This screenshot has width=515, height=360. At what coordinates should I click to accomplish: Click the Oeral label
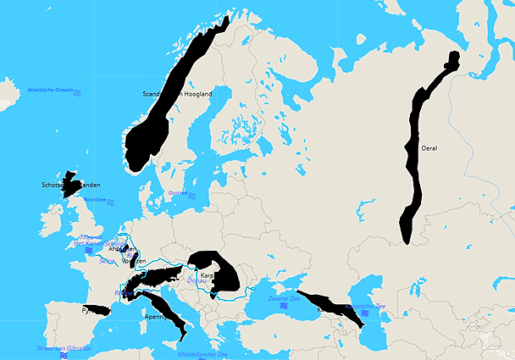point(429,148)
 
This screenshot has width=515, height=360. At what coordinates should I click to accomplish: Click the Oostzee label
point(178,193)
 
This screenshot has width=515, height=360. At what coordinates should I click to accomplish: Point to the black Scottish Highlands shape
point(68,186)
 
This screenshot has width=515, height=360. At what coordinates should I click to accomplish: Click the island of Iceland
point(7,89)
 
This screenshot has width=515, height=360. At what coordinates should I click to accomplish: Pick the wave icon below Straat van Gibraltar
point(64,357)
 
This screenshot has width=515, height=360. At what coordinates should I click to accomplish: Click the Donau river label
point(196,279)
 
